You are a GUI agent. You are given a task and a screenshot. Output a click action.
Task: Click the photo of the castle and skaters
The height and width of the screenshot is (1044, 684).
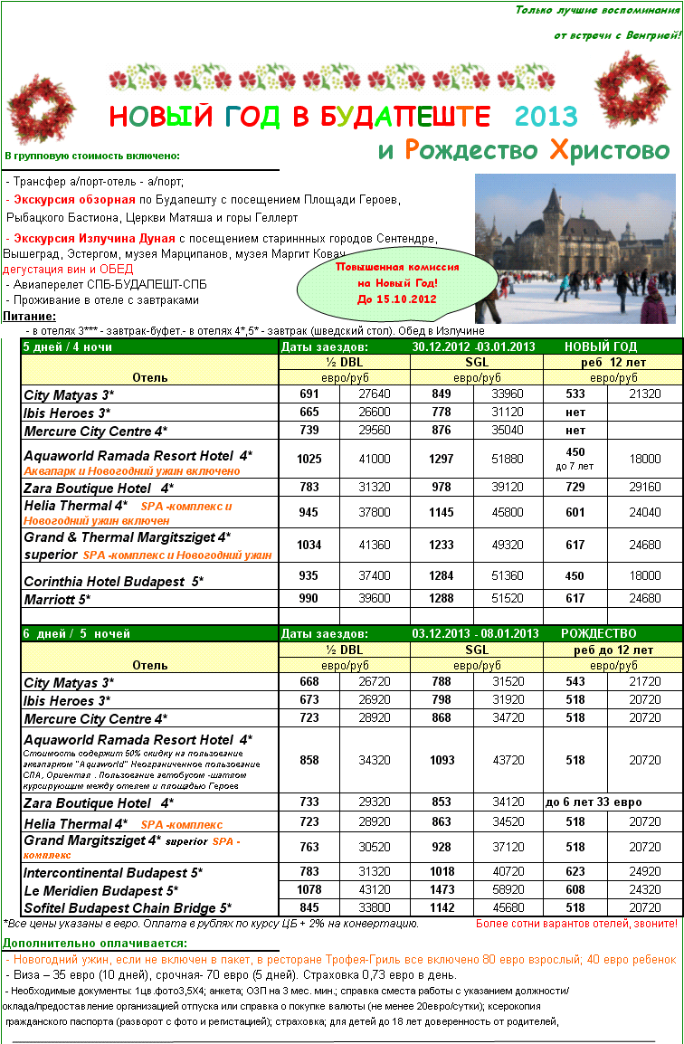click(x=575, y=248)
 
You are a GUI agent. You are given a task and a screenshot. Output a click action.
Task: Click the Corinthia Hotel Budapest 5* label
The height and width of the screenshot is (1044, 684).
click(x=113, y=581)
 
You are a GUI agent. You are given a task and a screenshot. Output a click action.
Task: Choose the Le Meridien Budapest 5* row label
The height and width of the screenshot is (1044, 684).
click(x=100, y=890)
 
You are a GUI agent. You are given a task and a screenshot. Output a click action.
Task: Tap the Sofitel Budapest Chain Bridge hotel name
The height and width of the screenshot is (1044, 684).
click(x=127, y=907)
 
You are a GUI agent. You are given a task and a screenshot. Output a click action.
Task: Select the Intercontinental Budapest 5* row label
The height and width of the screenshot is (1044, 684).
click(x=113, y=873)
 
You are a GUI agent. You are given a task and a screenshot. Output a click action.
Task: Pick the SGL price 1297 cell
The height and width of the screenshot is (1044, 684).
click(x=442, y=459)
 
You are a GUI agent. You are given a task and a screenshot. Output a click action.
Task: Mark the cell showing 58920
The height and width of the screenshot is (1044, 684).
click(x=508, y=890)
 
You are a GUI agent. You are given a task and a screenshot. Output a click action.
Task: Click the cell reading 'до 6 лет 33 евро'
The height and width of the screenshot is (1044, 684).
click(x=594, y=802)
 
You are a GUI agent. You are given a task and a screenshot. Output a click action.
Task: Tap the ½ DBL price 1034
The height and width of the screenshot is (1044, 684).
click(x=309, y=546)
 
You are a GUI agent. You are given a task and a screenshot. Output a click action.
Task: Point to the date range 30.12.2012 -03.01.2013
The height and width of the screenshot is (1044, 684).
click(x=473, y=346)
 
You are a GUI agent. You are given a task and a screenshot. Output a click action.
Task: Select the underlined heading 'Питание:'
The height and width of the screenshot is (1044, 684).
click(x=29, y=317)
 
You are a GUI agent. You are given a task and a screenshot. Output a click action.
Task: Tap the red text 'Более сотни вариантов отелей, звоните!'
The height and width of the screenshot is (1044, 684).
click(x=576, y=924)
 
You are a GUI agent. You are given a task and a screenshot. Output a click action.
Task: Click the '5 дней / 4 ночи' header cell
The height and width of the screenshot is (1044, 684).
click(x=68, y=346)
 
